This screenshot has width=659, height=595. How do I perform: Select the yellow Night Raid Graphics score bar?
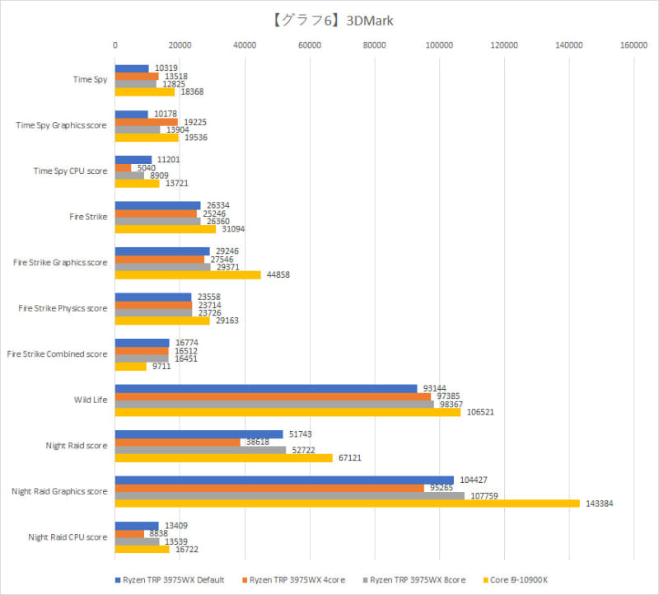[347, 504]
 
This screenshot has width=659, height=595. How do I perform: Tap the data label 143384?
[599, 504]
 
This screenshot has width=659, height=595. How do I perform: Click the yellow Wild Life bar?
[287, 412]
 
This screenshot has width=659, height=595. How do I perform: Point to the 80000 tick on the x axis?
[374, 45]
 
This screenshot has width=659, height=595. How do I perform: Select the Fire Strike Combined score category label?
[57, 354]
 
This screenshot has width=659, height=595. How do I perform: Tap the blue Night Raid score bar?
[199, 434]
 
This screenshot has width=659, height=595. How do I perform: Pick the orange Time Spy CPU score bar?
[123, 167]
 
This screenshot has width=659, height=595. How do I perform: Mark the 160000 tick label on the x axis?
[633, 45]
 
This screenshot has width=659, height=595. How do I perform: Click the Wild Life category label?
[90, 400]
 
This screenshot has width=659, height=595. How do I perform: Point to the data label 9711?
[161, 366]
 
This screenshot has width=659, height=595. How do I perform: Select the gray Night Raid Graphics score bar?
[289, 496]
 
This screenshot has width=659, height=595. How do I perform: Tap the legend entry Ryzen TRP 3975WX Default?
[171, 579]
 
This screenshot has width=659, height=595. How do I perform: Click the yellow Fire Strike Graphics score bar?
[187, 274]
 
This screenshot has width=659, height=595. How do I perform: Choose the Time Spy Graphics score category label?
[62, 125]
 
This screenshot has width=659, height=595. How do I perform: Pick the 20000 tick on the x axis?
[180, 45]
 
